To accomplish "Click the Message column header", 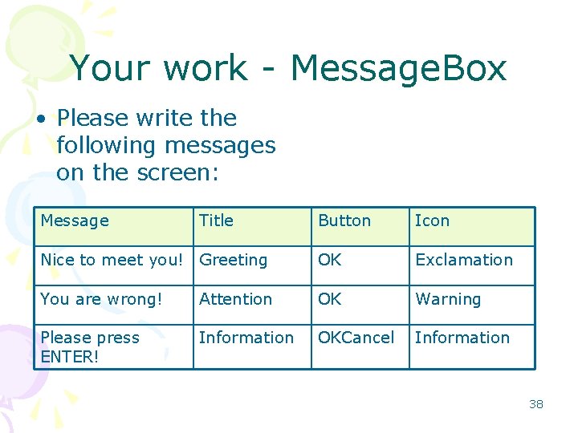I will click(x=75, y=221).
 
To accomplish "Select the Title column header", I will click(x=216, y=221).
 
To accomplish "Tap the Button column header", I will click(x=344, y=221).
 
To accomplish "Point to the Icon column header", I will click(x=432, y=221).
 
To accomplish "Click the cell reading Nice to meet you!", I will click(x=112, y=260).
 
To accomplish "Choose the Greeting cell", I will click(x=233, y=260).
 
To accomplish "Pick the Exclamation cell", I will click(x=463, y=260).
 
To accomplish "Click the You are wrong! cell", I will click(x=101, y=299).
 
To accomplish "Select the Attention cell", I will click(x=235, y=299).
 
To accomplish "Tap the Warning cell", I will click(x=448, y=299).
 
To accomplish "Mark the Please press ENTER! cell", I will click(x=89, y=346).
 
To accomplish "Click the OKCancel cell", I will click(x=356, y=338).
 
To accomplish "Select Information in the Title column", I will click(x=246, y=338).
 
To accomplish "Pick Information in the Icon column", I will click(x=462, y=338).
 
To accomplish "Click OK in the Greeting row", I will click(x=330, y=260).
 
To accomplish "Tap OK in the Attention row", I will click(x=330, y=299).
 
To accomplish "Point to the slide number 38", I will click(x=535, y=404).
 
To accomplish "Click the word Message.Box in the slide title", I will click(x=398, y=68).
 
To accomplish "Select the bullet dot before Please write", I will click(x=39, y=119).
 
